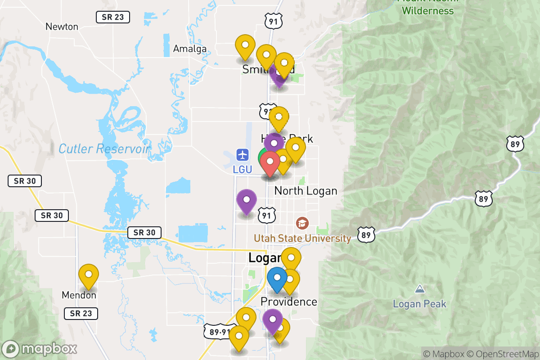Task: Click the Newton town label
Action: click(62, 27)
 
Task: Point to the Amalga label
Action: click(190, 49)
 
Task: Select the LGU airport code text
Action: click(243, 170)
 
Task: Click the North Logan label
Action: click(306, 191)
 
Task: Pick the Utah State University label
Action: click(302, 238)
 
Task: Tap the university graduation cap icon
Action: click(302, 223)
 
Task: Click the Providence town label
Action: click(289, 301)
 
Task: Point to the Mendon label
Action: click(79, 295)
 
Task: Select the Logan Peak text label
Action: click(419, 304)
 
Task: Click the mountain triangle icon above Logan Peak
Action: click(419, 288)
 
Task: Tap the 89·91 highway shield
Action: click(219, 332)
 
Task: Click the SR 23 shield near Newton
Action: click(113, 17)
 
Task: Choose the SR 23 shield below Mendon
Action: click(81, 313)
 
